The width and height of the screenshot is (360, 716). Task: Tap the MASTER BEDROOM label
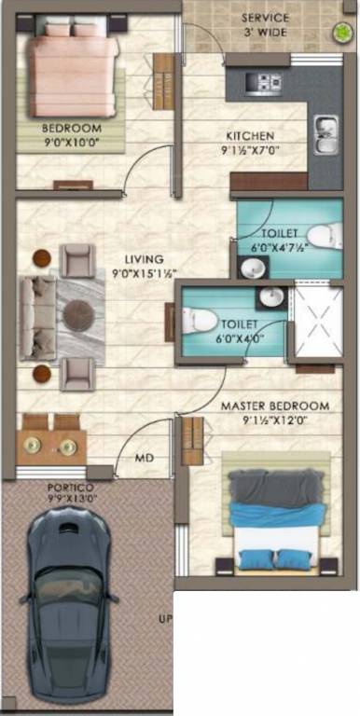point(274,406)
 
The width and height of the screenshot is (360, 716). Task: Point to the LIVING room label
point(145,259)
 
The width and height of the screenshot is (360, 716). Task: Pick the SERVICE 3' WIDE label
point(266,24)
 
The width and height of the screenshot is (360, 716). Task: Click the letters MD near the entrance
point(145,458)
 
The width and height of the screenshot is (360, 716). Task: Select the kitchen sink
point(325,132)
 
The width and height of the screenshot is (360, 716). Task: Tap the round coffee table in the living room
point(80,313)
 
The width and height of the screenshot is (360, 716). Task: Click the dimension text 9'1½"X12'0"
point(273,420)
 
